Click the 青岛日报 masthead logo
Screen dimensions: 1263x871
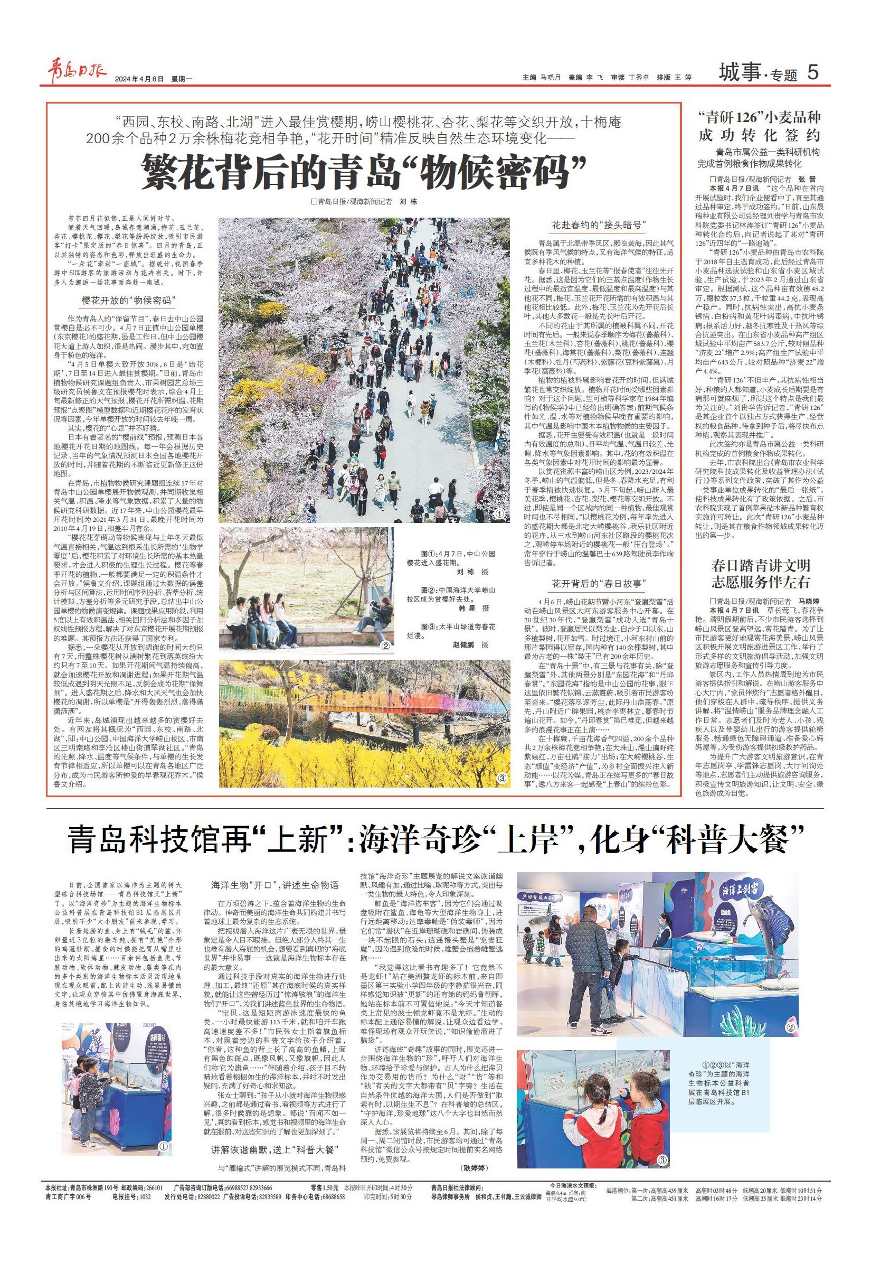(x=75, y=72)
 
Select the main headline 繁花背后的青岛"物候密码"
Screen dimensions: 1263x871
(x=364, y=171)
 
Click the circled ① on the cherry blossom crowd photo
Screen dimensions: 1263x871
(x=498, y=514)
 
